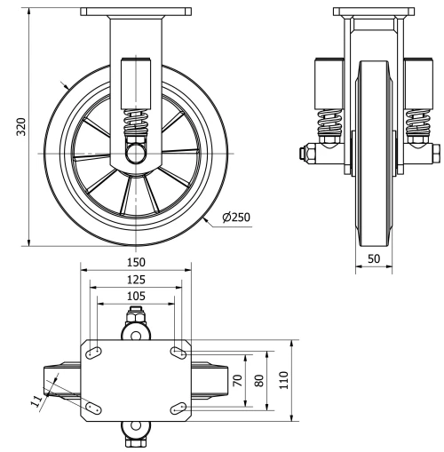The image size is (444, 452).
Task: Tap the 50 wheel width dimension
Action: pyautogui.click(x=374, y=258)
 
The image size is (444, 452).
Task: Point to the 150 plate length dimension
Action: pyautogui.click(x=135, y=263)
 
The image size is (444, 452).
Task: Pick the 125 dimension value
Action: pyautogui.click(x=135, y=280)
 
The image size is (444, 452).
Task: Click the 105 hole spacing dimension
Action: pyautogui.click(x=135, y=297)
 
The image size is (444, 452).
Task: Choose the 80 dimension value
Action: pyautogui.click(x=258, y=381)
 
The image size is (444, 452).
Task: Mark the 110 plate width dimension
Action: pyautogui.click(x=282, y=381)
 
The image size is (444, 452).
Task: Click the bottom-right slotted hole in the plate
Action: pyautogui.click(x=178, y=408)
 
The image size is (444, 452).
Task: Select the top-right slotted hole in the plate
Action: pyautogui.click(x=178, y=354)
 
